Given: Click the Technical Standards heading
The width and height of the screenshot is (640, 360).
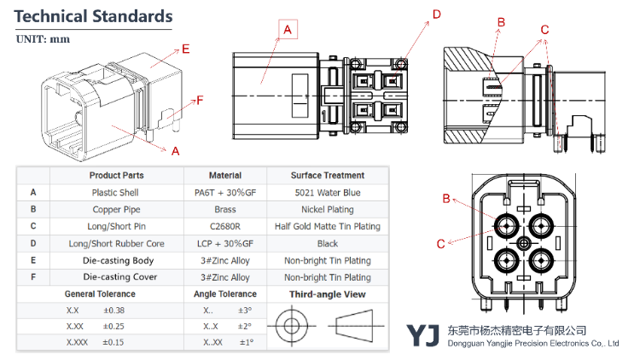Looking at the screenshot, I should click(94, 16).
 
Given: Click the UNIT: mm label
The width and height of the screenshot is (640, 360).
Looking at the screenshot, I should click(43, 39).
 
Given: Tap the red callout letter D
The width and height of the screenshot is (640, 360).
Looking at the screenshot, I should click(436, 14).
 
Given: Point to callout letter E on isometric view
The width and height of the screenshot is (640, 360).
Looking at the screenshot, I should click(185, 48).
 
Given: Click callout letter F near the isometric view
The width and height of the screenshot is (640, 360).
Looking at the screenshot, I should click(200, 101).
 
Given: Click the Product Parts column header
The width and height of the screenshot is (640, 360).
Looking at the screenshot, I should click(117, 176).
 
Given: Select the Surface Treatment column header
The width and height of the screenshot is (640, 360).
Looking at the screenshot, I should click(327, 176).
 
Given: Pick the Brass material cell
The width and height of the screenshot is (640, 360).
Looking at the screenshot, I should click(225, 209).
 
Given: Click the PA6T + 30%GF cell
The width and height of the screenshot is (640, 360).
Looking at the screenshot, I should click(225, 193).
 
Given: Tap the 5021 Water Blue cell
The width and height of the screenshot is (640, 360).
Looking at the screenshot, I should click(327, 193).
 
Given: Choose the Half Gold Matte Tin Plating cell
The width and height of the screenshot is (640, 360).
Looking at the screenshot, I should click(327, 226).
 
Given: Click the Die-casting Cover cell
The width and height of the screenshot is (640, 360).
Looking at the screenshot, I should click(118, 277).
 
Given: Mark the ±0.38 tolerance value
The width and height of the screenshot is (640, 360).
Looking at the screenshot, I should click(113, 311).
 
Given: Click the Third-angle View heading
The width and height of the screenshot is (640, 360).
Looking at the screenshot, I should click(327, 294).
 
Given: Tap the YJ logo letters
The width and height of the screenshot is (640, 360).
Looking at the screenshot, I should click(422, 336).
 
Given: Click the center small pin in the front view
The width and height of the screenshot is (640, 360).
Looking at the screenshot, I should click(524, 242).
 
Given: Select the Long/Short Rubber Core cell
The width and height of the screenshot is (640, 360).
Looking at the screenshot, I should click(118, 243).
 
